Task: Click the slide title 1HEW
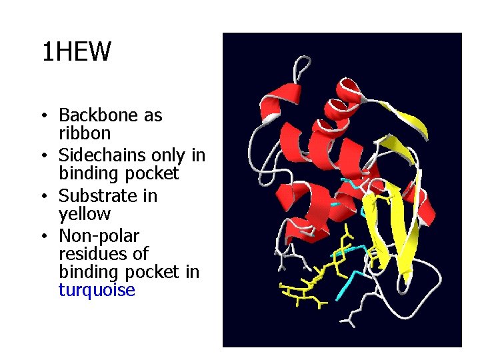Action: tap(76, 51)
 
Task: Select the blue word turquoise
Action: tap(97, 291)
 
